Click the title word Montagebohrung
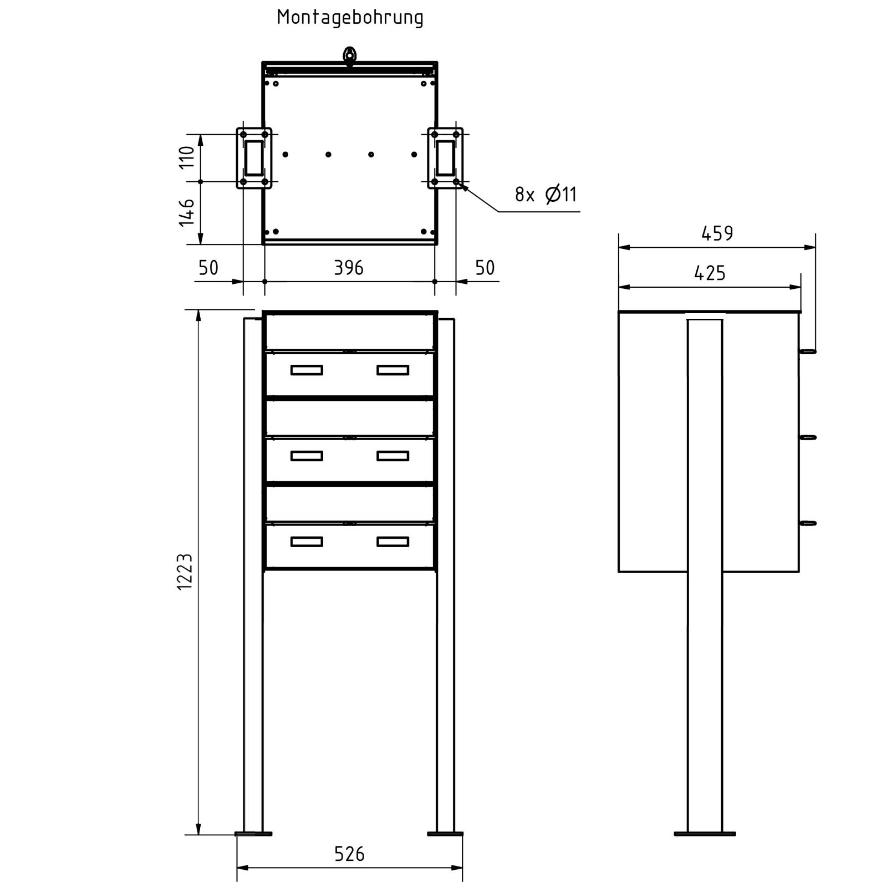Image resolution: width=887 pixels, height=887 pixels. click(350, 18)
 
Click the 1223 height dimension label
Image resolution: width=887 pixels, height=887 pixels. click(185, 571)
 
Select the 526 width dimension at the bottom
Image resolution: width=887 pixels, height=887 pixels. click(349, 854)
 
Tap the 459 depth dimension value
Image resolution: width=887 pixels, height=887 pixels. click(717, 234)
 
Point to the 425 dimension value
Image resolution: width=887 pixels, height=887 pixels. click(710, 273)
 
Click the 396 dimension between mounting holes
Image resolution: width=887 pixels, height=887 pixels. click(349, 268)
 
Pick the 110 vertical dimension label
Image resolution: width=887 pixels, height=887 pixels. click(187, 157)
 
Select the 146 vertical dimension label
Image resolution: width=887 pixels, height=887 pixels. click(187, 213)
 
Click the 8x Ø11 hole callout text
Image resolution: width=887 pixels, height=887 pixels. click(546, 195)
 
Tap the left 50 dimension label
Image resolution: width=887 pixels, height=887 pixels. click(208, 268)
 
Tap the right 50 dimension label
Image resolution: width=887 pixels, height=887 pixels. click(485, 268)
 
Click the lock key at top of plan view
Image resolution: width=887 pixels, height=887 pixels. click(350, 56)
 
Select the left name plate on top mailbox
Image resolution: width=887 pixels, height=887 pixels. click(307, 370)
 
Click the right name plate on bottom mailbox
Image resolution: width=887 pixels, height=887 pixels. click(392, 542)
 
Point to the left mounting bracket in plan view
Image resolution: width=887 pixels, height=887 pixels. click(254, 158)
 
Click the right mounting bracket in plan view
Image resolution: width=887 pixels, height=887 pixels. click(445, 158)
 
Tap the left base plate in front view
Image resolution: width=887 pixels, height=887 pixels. click(253, 849)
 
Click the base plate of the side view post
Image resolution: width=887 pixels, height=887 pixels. click(705, 849)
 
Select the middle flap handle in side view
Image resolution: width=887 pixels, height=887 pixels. click(808, 437)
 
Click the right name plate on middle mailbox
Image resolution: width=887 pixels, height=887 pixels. click(392, 456)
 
